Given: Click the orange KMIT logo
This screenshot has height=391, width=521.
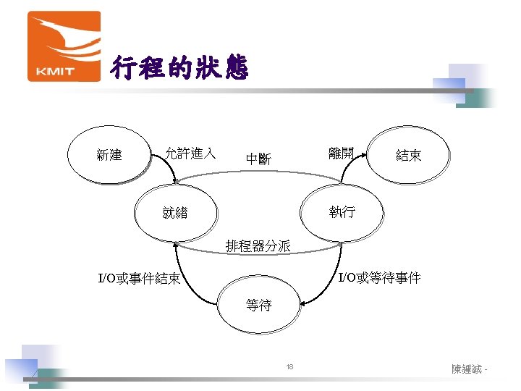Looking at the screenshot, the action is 64,46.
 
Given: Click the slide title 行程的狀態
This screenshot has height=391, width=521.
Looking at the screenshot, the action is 179,69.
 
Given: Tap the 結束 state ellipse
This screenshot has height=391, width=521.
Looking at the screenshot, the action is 409,155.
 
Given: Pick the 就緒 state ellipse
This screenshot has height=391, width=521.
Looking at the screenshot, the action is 175,213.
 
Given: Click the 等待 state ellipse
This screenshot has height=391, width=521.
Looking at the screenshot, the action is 259,306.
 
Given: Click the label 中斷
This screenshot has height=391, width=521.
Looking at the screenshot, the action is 258,159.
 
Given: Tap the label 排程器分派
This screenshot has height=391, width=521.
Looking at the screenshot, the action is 258,246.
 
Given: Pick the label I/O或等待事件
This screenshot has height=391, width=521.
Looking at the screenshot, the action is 380,277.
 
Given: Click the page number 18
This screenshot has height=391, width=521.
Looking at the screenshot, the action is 290,368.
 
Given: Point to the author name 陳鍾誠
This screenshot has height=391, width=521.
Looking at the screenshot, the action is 467,369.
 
